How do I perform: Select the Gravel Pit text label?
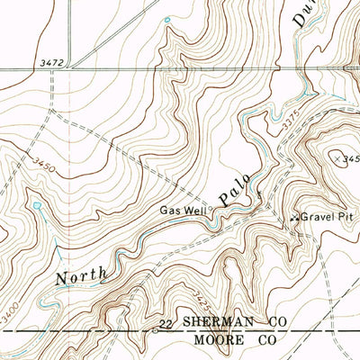[323, 217]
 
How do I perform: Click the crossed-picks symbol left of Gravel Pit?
[294, 218]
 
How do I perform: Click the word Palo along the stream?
[238, 185]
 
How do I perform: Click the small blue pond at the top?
[166, 20]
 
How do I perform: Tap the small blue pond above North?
[36, 206]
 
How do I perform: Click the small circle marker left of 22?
[154, 330]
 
